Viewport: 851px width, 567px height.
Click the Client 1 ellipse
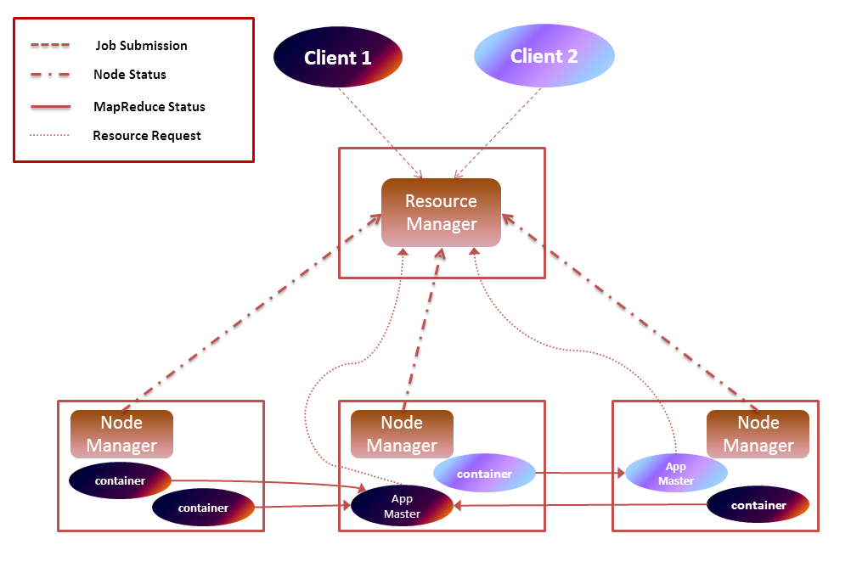click(x=337, y=58)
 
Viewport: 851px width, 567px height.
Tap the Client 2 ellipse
click(x=544, y=56)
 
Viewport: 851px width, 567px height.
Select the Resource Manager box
click(x=441, y=212)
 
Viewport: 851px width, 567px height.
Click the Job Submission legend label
click(x=141, y=45)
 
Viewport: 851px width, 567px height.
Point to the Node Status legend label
click(x=129, y=74)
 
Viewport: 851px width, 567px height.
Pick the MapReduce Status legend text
click(x=149, y=107)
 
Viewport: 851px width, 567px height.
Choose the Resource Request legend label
click(x=146, y=135)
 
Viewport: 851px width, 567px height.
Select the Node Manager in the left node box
click(x=121, y=434)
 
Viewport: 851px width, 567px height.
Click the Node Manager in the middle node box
click(x=402, y=434)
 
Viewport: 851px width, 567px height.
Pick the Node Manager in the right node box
click(x=758, y=434)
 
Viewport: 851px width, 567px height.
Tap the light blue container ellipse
click(x=484, y=474)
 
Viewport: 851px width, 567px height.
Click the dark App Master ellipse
click(x=402, y=507)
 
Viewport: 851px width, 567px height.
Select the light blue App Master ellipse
click(x=675, y=474)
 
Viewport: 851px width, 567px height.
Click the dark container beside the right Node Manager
click(x=758, y=505)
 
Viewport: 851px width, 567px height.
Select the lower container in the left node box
click(x=203, y=508)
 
